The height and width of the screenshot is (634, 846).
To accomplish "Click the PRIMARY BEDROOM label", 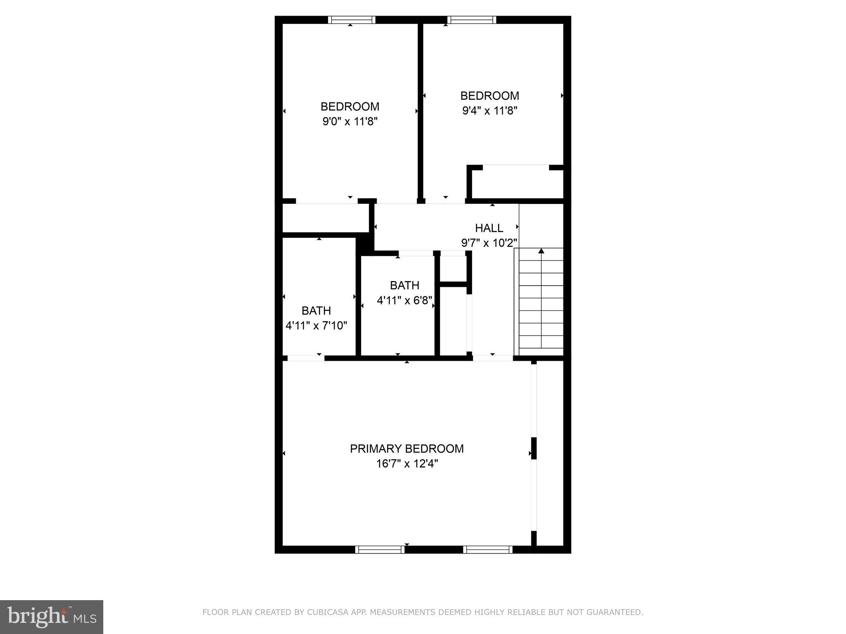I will [x=406, y=449].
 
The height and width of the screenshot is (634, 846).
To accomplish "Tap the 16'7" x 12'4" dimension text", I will [x=406, y=464].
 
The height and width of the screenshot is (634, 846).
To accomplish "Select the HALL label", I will [x=489, y=228].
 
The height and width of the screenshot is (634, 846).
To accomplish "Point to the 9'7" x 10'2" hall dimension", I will [x=489, y=243].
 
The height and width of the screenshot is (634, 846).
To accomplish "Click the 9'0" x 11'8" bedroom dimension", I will [x=350, y=122].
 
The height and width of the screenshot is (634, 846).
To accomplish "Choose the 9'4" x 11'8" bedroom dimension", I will [x=490, y=111].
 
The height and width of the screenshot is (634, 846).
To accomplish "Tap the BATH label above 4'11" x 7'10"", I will [x=316, y=311].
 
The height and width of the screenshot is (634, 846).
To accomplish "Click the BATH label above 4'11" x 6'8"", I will [x=404, y=285].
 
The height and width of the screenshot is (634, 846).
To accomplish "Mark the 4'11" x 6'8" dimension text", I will [x=404, y=300].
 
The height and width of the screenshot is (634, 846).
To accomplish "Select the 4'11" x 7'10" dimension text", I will [x=316, y=326].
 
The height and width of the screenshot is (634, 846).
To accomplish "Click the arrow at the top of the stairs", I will [x=541, y=251].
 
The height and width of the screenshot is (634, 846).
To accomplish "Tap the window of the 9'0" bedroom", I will [x=352, y=20].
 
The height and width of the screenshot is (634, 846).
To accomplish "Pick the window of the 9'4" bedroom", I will [x=471, y=20].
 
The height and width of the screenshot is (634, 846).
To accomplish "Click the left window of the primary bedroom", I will [x=380, y=549].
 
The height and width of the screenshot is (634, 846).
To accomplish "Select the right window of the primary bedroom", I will [x=487, y=549].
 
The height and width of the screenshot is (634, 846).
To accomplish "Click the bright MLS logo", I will [x=52, y=617].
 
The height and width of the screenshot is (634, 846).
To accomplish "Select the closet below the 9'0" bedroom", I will [x=325, y=218].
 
